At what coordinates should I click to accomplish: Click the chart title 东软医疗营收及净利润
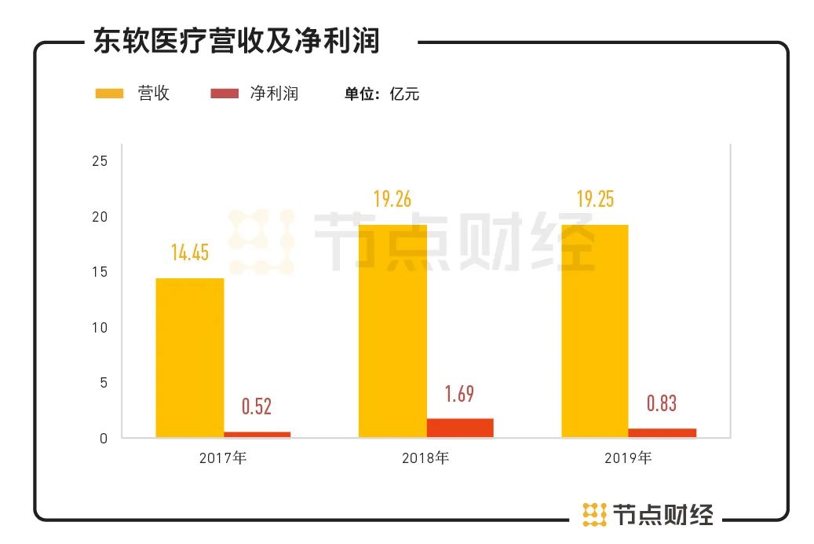click(236, 41)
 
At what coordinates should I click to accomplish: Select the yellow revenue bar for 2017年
click(189, 358)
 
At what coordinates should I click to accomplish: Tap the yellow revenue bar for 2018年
click(392, 331)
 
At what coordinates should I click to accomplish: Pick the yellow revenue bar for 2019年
click(595, 331)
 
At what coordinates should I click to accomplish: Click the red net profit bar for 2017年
click(257, 435)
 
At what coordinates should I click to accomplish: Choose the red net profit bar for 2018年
click(460, 428)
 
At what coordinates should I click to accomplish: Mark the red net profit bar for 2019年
click(663, 433)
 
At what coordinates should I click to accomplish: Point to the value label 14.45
click(190, 252)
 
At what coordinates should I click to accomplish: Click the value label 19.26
click(392, 199)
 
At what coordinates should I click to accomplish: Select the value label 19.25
click(595, 199)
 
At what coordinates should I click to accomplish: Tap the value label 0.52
click(257, 406)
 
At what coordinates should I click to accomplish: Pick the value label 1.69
click(460, 393)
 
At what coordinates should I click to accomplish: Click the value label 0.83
click(662, 403)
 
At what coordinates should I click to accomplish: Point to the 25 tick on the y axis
click(100, 161)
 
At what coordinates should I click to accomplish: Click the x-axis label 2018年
click(425, 458)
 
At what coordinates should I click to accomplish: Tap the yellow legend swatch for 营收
click(110, 94)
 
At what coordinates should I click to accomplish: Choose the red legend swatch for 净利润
click(224, 94)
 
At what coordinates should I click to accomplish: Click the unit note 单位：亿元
click(382, 94)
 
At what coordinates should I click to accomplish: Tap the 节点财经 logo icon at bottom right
click(594, 514)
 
